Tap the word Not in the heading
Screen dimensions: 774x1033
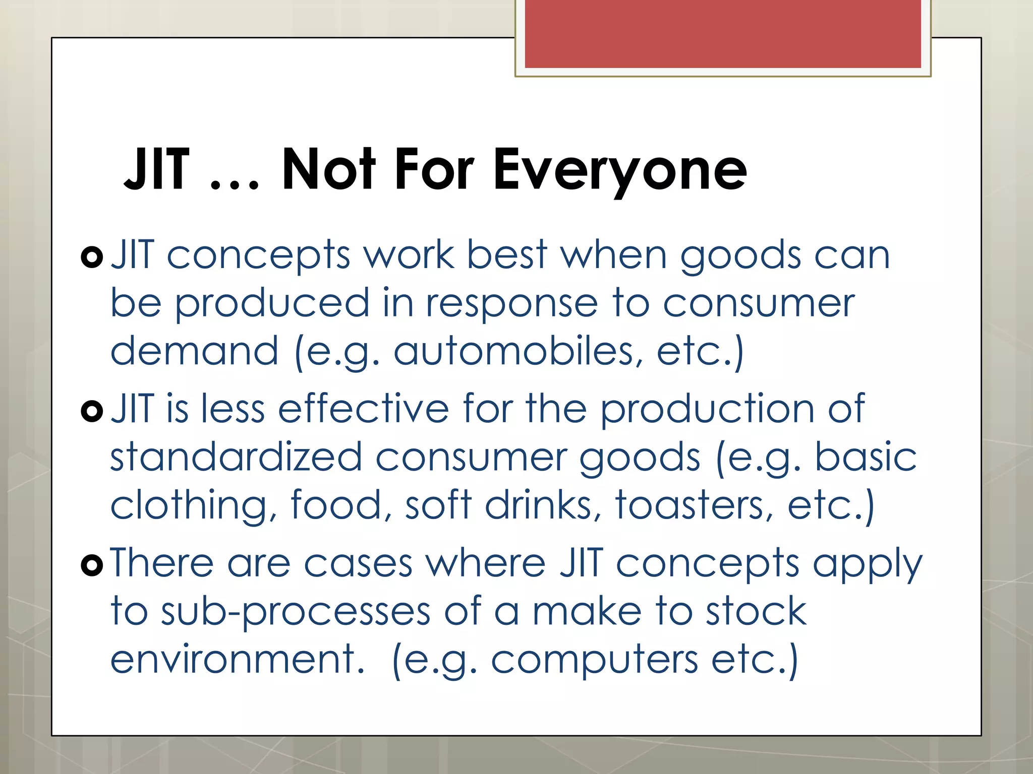pos(328,169)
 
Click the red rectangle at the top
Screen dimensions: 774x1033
pos(723,34)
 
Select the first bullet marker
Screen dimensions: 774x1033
pos(92,257)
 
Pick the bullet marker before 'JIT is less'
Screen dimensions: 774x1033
pos(92,411)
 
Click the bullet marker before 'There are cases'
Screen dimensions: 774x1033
pos(92,565)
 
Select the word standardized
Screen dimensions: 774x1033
pos(236,457)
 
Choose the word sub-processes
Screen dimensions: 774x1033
pos(296,612)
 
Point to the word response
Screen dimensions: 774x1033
pos(511,304)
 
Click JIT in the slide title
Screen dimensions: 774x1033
pos(157,169)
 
